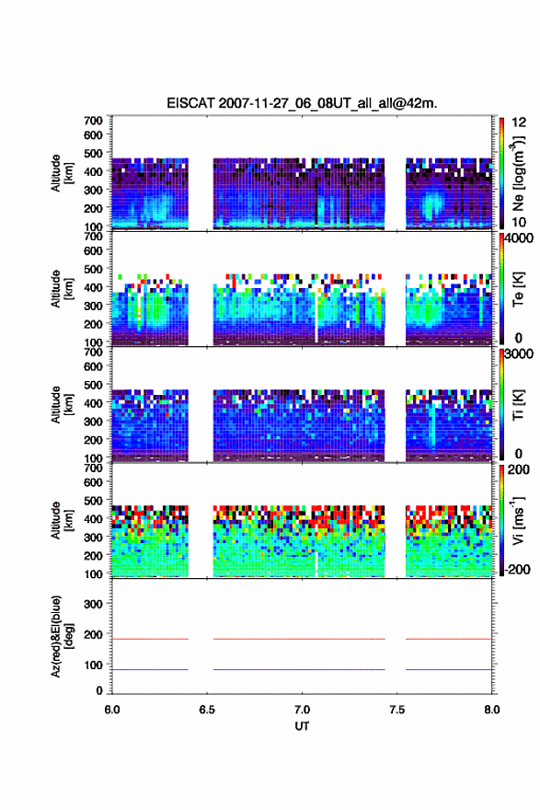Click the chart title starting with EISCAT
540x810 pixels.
click(302, 103)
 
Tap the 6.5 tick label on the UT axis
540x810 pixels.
click(207, 710)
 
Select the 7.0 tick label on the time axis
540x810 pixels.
click(302, 710)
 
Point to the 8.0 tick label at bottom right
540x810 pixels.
click(492, 710)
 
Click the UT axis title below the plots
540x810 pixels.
click(302, 726)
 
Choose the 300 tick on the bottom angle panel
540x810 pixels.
click(93, 604)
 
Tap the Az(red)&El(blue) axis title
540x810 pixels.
click(62, 636)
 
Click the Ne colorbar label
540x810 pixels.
click(519, 174)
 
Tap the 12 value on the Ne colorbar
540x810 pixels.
click(519, 122)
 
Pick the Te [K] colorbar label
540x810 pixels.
click(518, 289)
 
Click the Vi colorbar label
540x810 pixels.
click(518, 520)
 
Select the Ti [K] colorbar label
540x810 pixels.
click(518, 404)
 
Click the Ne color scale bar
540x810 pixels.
click(501, 173)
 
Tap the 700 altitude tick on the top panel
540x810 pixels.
click(93, 121)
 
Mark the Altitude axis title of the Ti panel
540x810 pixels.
click(62, 404)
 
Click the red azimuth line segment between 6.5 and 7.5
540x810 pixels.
click(299, 639)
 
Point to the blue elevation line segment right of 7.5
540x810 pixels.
click(449, 669)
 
